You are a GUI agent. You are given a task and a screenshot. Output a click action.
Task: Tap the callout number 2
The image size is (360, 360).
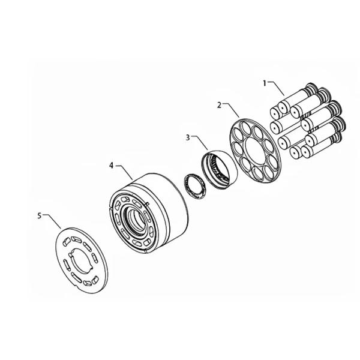click(219, 104)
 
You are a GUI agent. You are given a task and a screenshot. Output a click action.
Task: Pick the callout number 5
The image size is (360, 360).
click(40, 215)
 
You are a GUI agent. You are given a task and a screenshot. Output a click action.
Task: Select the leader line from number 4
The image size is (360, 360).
click(125, 170)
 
